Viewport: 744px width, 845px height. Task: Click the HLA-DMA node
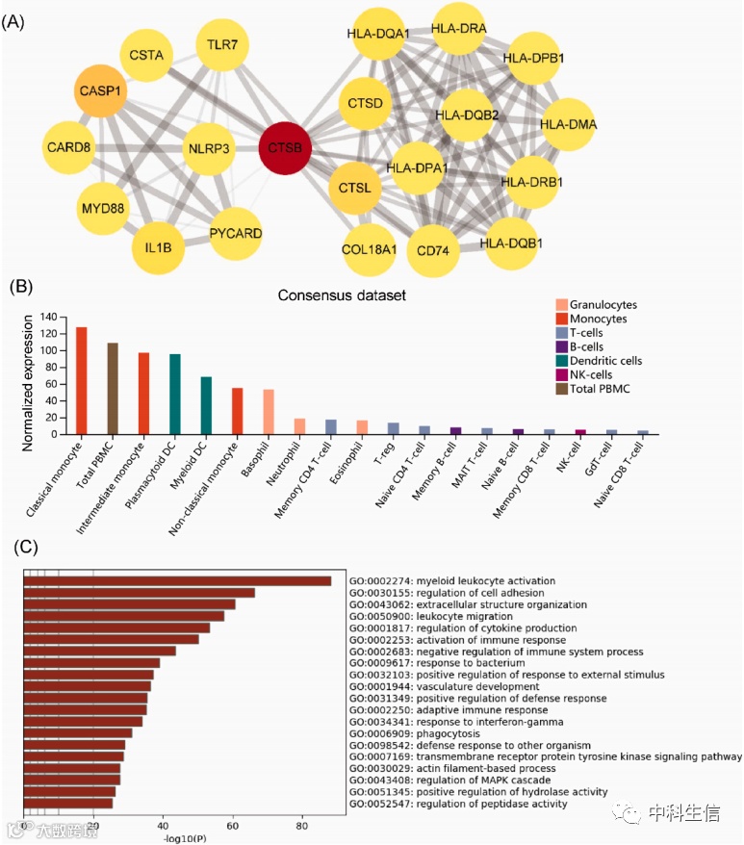click(x=568, y=124)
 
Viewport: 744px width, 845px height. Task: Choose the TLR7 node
click(x=223, y=43)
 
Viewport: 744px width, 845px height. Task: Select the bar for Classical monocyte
click(x=82, y=380)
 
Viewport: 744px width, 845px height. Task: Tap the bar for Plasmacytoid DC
click(x=175, y=394)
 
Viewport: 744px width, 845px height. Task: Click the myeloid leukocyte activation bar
click(x=177, y=580)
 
